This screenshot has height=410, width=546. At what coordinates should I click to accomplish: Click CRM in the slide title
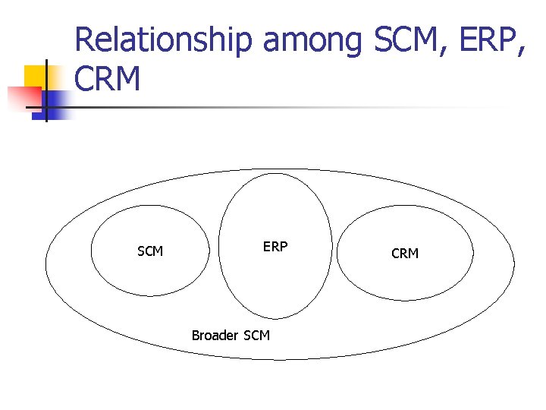108,79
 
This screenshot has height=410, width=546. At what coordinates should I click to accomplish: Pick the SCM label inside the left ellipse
150,251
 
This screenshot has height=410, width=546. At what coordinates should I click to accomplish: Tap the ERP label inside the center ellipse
275,247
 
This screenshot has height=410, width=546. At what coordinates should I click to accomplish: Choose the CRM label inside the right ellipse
405,254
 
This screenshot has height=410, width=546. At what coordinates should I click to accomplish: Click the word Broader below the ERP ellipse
215,335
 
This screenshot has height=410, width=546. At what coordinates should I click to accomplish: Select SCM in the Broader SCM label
256,335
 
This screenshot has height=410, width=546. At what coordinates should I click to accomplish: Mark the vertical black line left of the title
46,91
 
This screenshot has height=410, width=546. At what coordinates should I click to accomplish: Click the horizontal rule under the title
288,107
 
